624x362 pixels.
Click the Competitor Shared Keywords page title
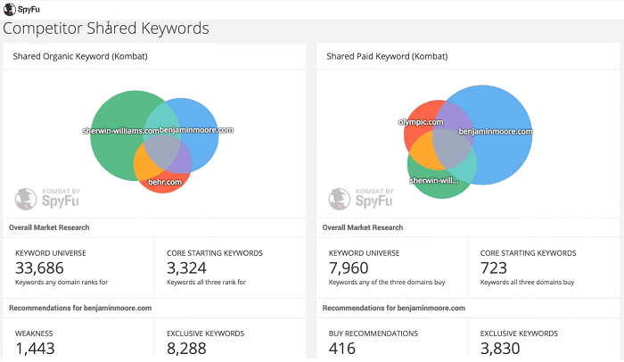pyautogui.click(x=106, y=29)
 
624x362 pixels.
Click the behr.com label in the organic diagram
pyautogui.click(x=165, y=182)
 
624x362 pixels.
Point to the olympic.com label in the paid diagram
pyautogui.click(x=421, y=121)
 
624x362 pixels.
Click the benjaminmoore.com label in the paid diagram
pyautogui.click(x=495, y=131)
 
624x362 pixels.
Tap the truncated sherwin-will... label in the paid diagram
pyautogui.click(x=434, y=179)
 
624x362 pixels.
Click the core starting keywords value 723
pyautogui.click(x=494, y=268)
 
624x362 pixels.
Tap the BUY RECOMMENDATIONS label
pyautogui.click(x=374, y=333)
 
